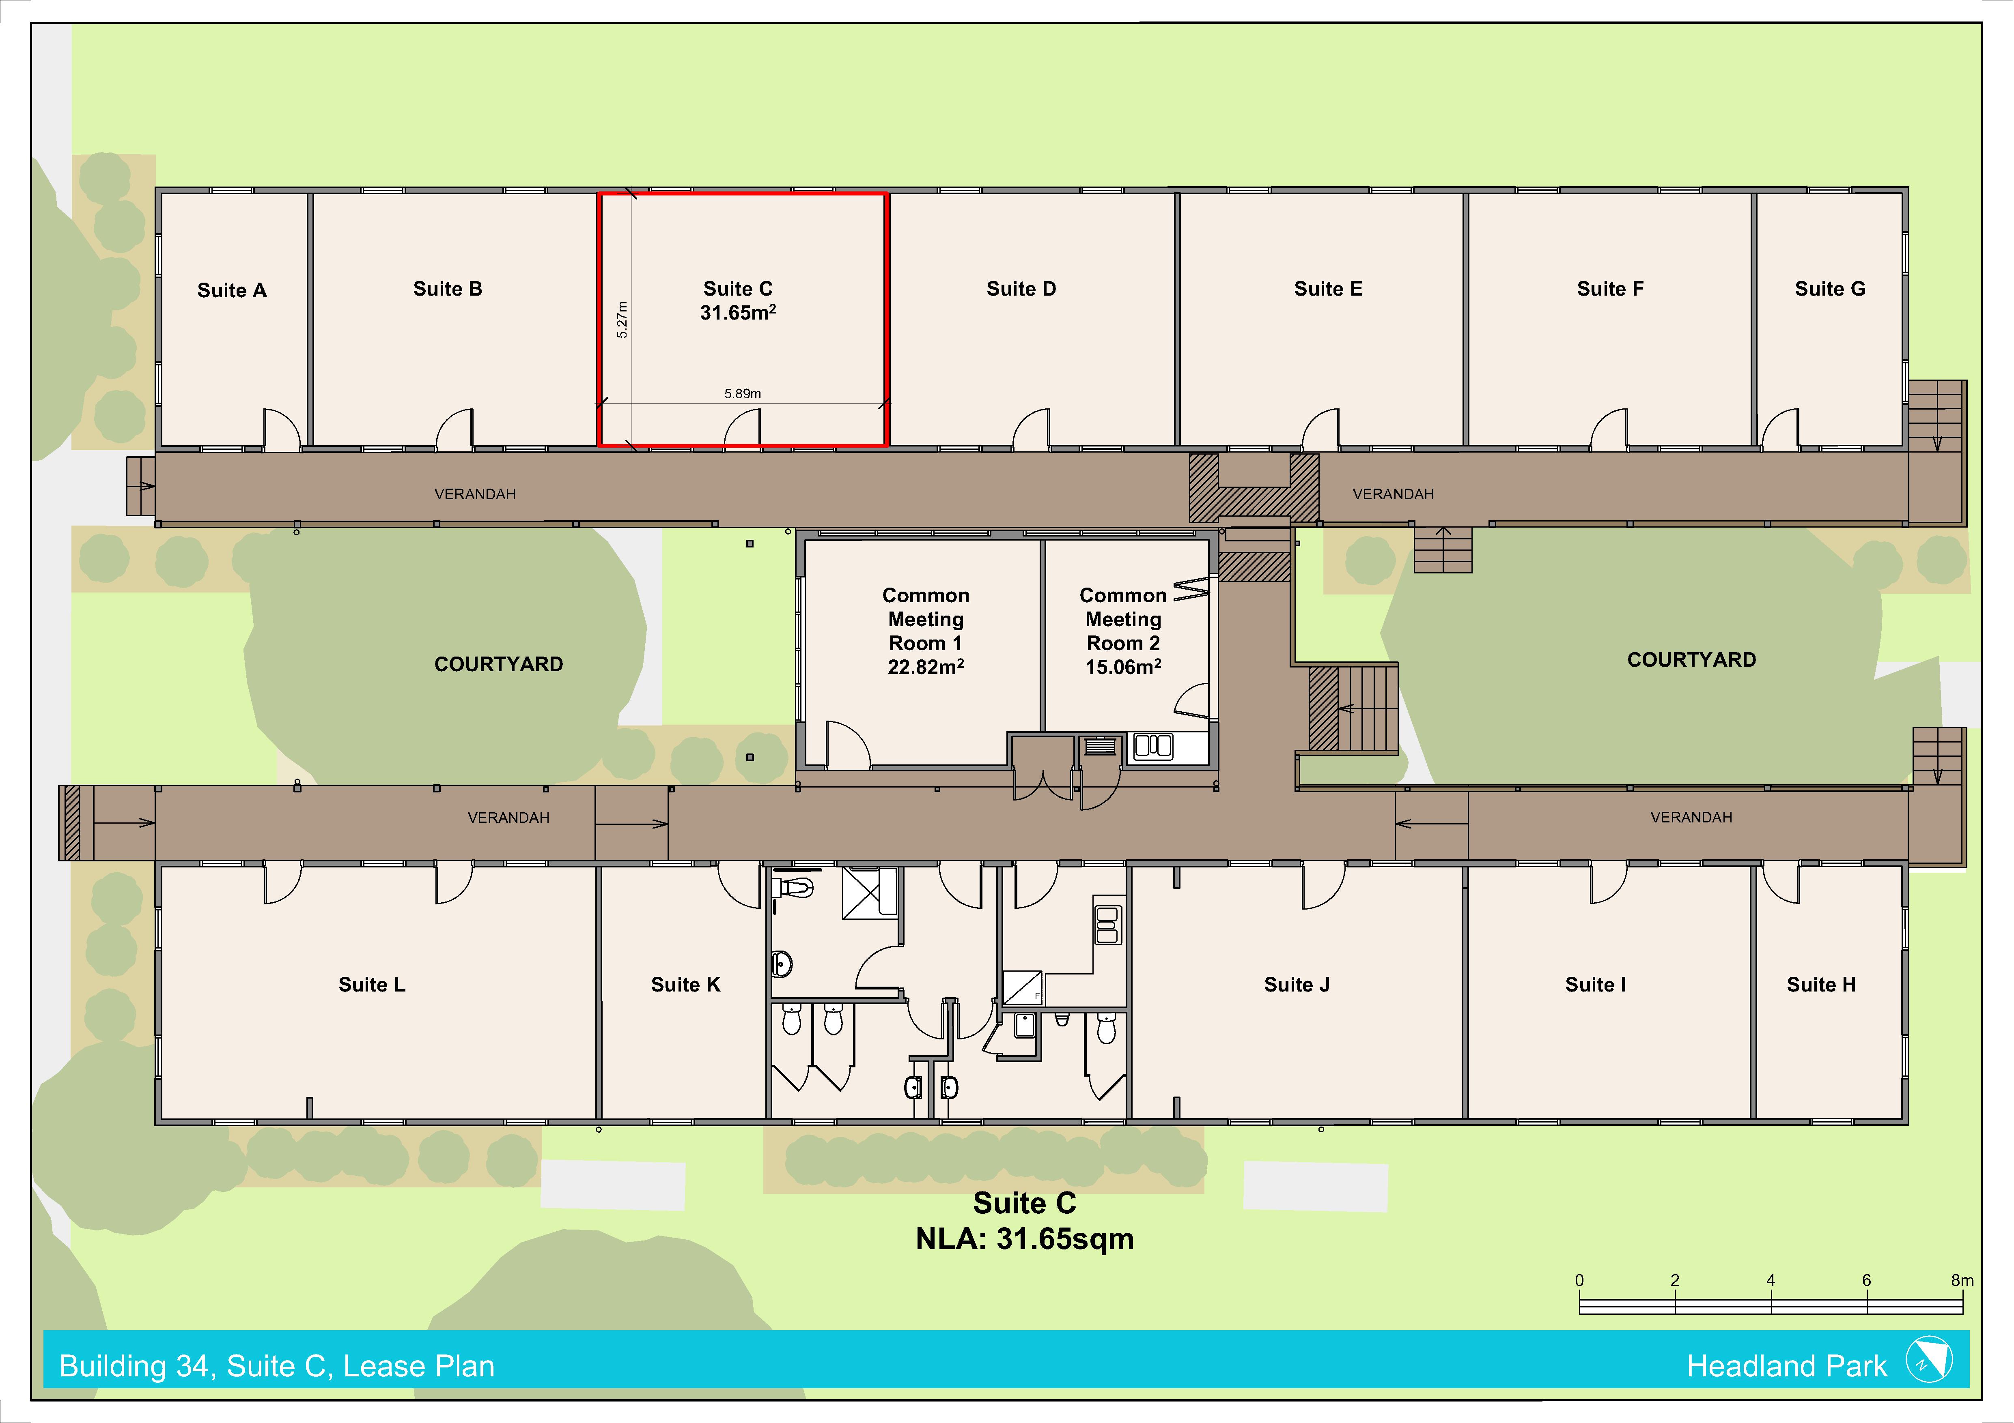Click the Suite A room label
point(232,290)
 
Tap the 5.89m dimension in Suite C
point(742,394)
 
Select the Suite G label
point(1830,288)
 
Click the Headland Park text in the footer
point(1786,1366)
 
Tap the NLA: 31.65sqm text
point(1025,1239)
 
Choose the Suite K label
point(685,985)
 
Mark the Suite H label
point(1821,985)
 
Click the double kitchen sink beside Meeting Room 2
point(1152,746)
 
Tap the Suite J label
point(1297,985)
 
